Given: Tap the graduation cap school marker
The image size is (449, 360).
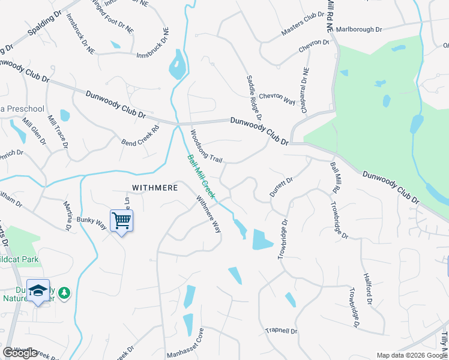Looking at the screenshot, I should pos(38,292).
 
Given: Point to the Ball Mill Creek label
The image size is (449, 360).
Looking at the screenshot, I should pos(201,177).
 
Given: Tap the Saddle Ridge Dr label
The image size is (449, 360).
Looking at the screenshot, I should pos(255,94).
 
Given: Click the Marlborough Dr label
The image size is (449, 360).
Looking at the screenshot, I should pos(358,29).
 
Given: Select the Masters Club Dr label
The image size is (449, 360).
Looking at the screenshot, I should pos(303,27).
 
